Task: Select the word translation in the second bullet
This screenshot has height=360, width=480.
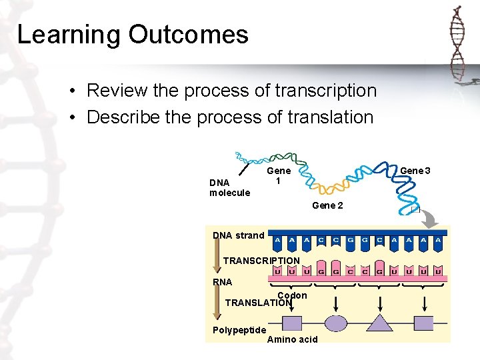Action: (x=331, y=117)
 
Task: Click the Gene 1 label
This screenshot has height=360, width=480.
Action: (x=279, y=176)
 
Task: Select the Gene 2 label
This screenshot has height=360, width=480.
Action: (x=327, y=205)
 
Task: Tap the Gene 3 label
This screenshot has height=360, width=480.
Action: (x=415, y=171)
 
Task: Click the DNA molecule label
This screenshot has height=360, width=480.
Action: (x=229, y=187)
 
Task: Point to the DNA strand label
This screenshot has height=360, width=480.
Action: (x=238, y=235)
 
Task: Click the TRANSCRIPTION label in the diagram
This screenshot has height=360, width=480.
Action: (x=261, y=260)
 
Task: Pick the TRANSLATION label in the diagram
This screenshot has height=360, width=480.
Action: (x=258, y=303)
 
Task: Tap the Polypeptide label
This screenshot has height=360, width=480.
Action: (x=239, y=330)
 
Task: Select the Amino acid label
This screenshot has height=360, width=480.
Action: (x=292, y=339)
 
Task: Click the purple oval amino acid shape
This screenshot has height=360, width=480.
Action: (x=335, y=323)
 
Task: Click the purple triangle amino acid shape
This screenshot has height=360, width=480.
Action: (x=380, y=323)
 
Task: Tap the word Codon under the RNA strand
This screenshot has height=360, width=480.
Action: (x=292, y=295)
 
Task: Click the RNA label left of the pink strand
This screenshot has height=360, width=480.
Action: (x=222, y=282)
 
